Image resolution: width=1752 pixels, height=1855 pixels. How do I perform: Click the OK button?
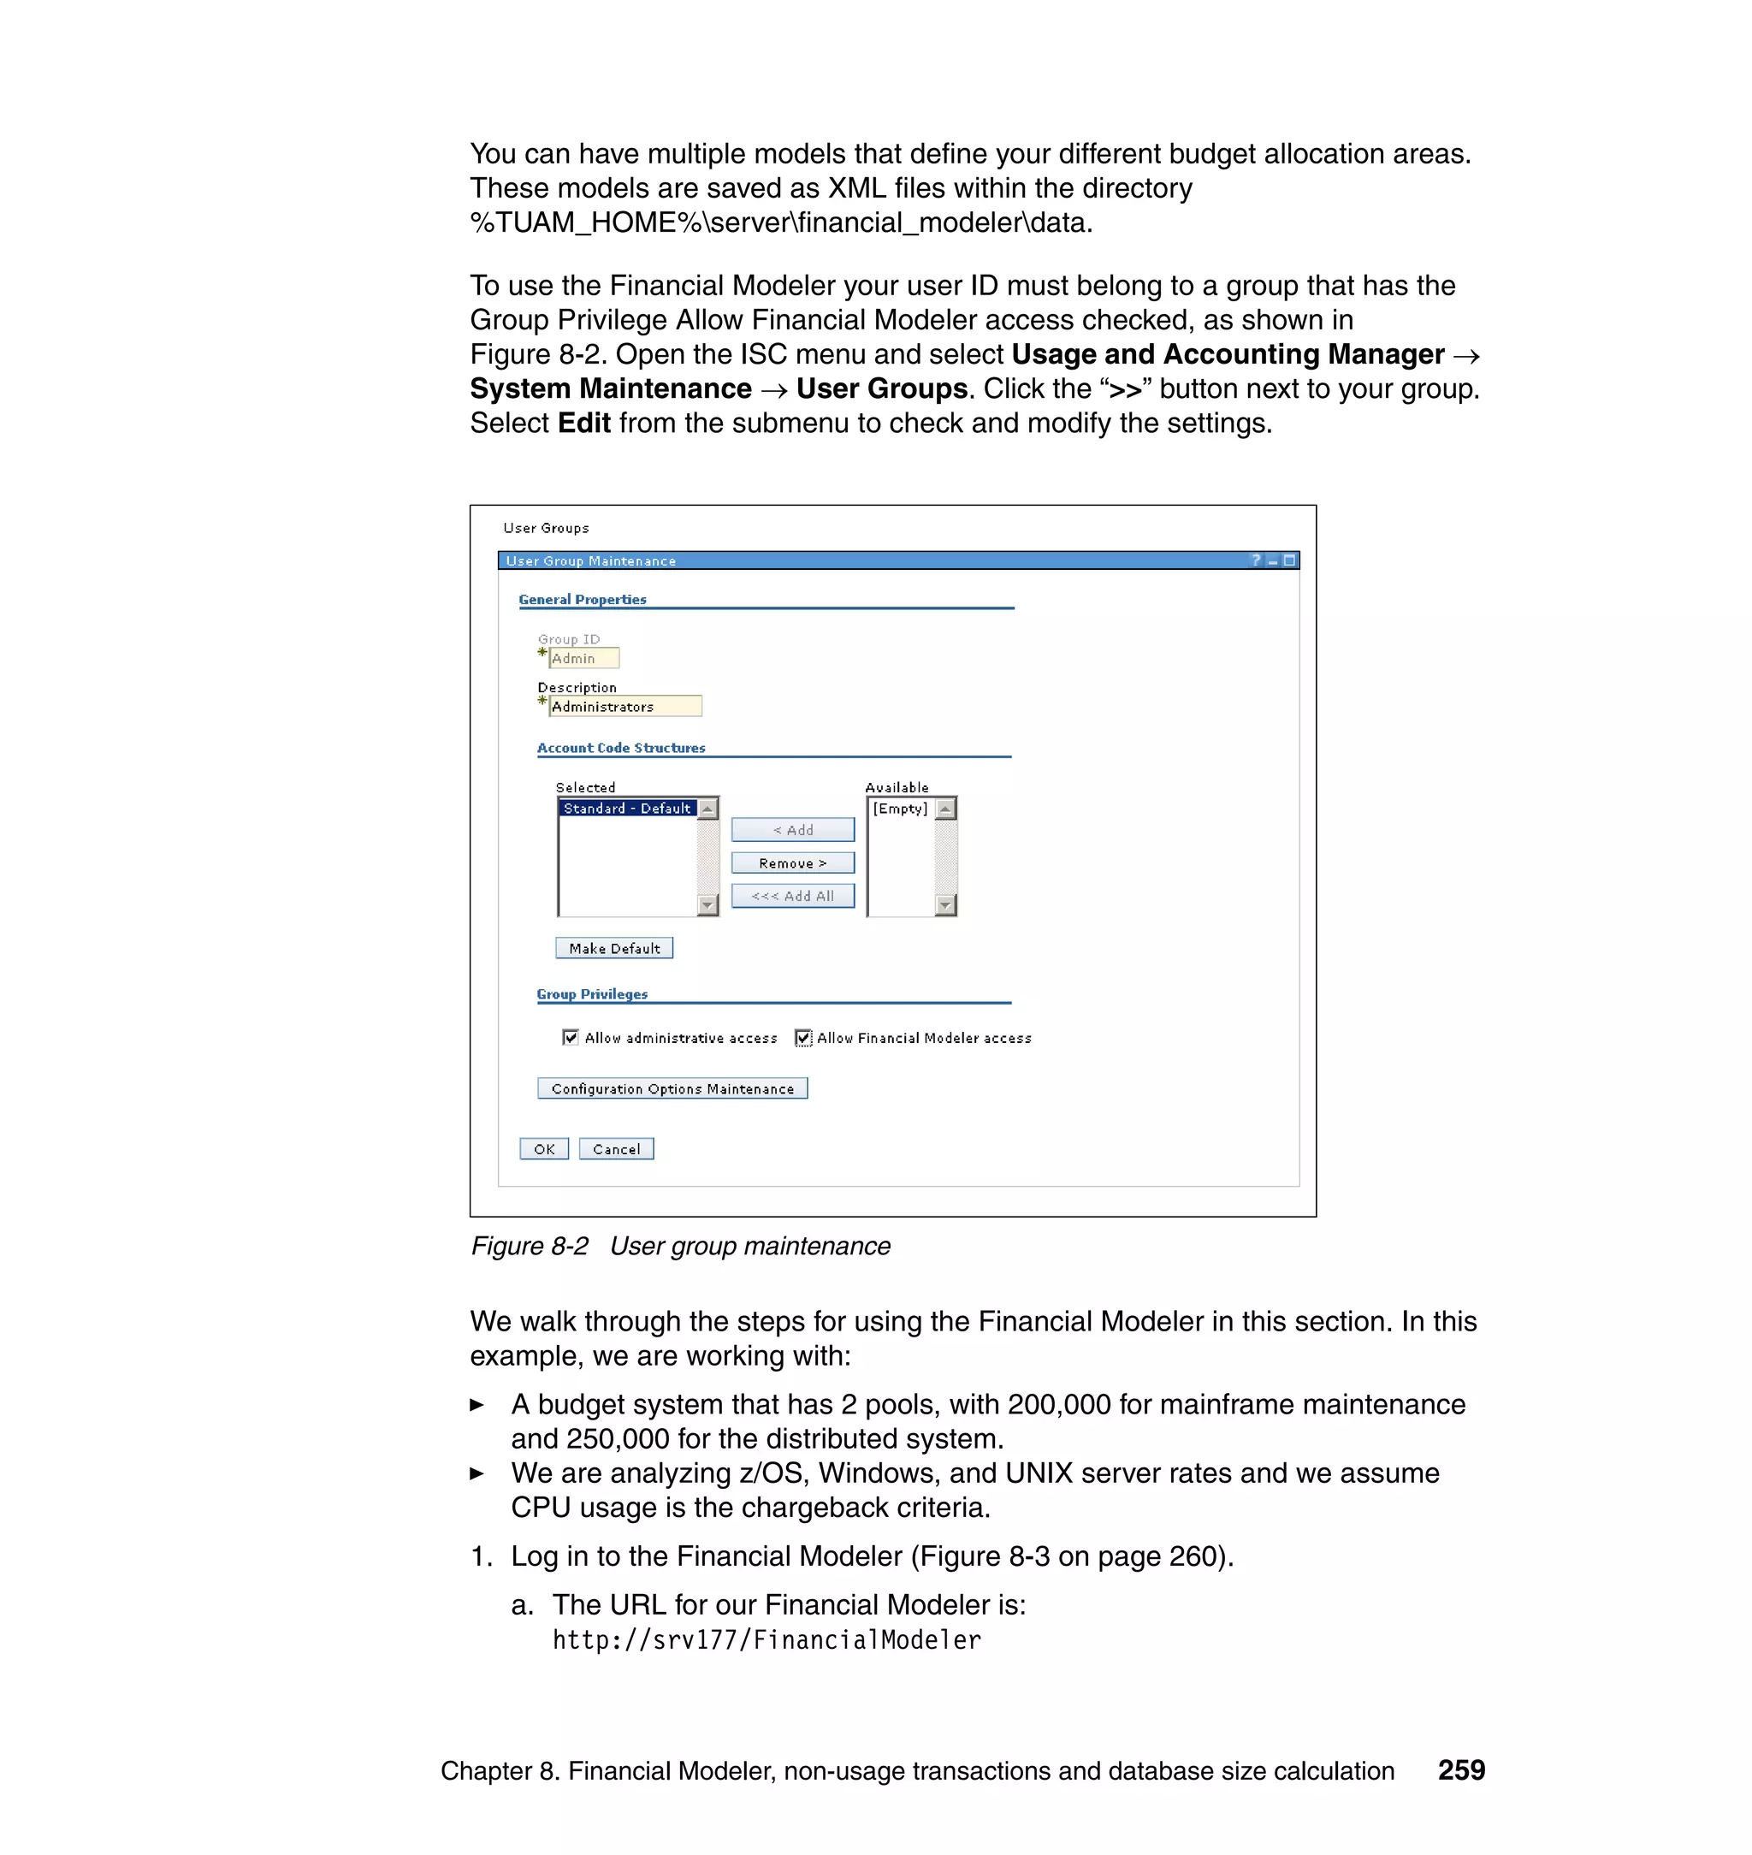(543, 1149)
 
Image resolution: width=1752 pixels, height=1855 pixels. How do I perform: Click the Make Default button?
(613, 948)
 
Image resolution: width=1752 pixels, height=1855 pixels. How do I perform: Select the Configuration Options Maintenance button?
(672, 1088)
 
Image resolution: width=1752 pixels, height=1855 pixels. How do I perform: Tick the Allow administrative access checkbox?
(571, 1038)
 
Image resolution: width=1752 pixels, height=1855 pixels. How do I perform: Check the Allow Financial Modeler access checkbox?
(803, 1038)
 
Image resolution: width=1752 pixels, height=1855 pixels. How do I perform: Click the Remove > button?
(792, 863)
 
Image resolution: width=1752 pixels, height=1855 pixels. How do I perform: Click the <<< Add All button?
(792, 896)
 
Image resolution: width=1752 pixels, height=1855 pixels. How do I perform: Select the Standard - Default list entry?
(627, 808)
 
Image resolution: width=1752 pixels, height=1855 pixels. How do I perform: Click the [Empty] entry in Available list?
(900, 809)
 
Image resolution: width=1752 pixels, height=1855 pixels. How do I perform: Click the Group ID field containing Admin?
(583, 659)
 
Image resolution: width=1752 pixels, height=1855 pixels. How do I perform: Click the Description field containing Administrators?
(624, 707)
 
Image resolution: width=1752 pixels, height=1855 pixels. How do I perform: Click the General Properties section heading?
(583, 600)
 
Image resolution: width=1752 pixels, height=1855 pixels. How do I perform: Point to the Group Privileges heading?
(592, 994)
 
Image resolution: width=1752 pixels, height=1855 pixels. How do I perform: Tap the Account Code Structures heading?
(621, 748)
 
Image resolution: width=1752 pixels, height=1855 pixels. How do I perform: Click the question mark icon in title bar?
(1255, 560)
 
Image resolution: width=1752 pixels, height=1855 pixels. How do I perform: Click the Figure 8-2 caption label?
(680, 1246)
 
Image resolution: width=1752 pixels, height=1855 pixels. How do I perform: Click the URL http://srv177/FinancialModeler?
(766, 1640)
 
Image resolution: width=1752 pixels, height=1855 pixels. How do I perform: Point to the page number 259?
(1460, 1770)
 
